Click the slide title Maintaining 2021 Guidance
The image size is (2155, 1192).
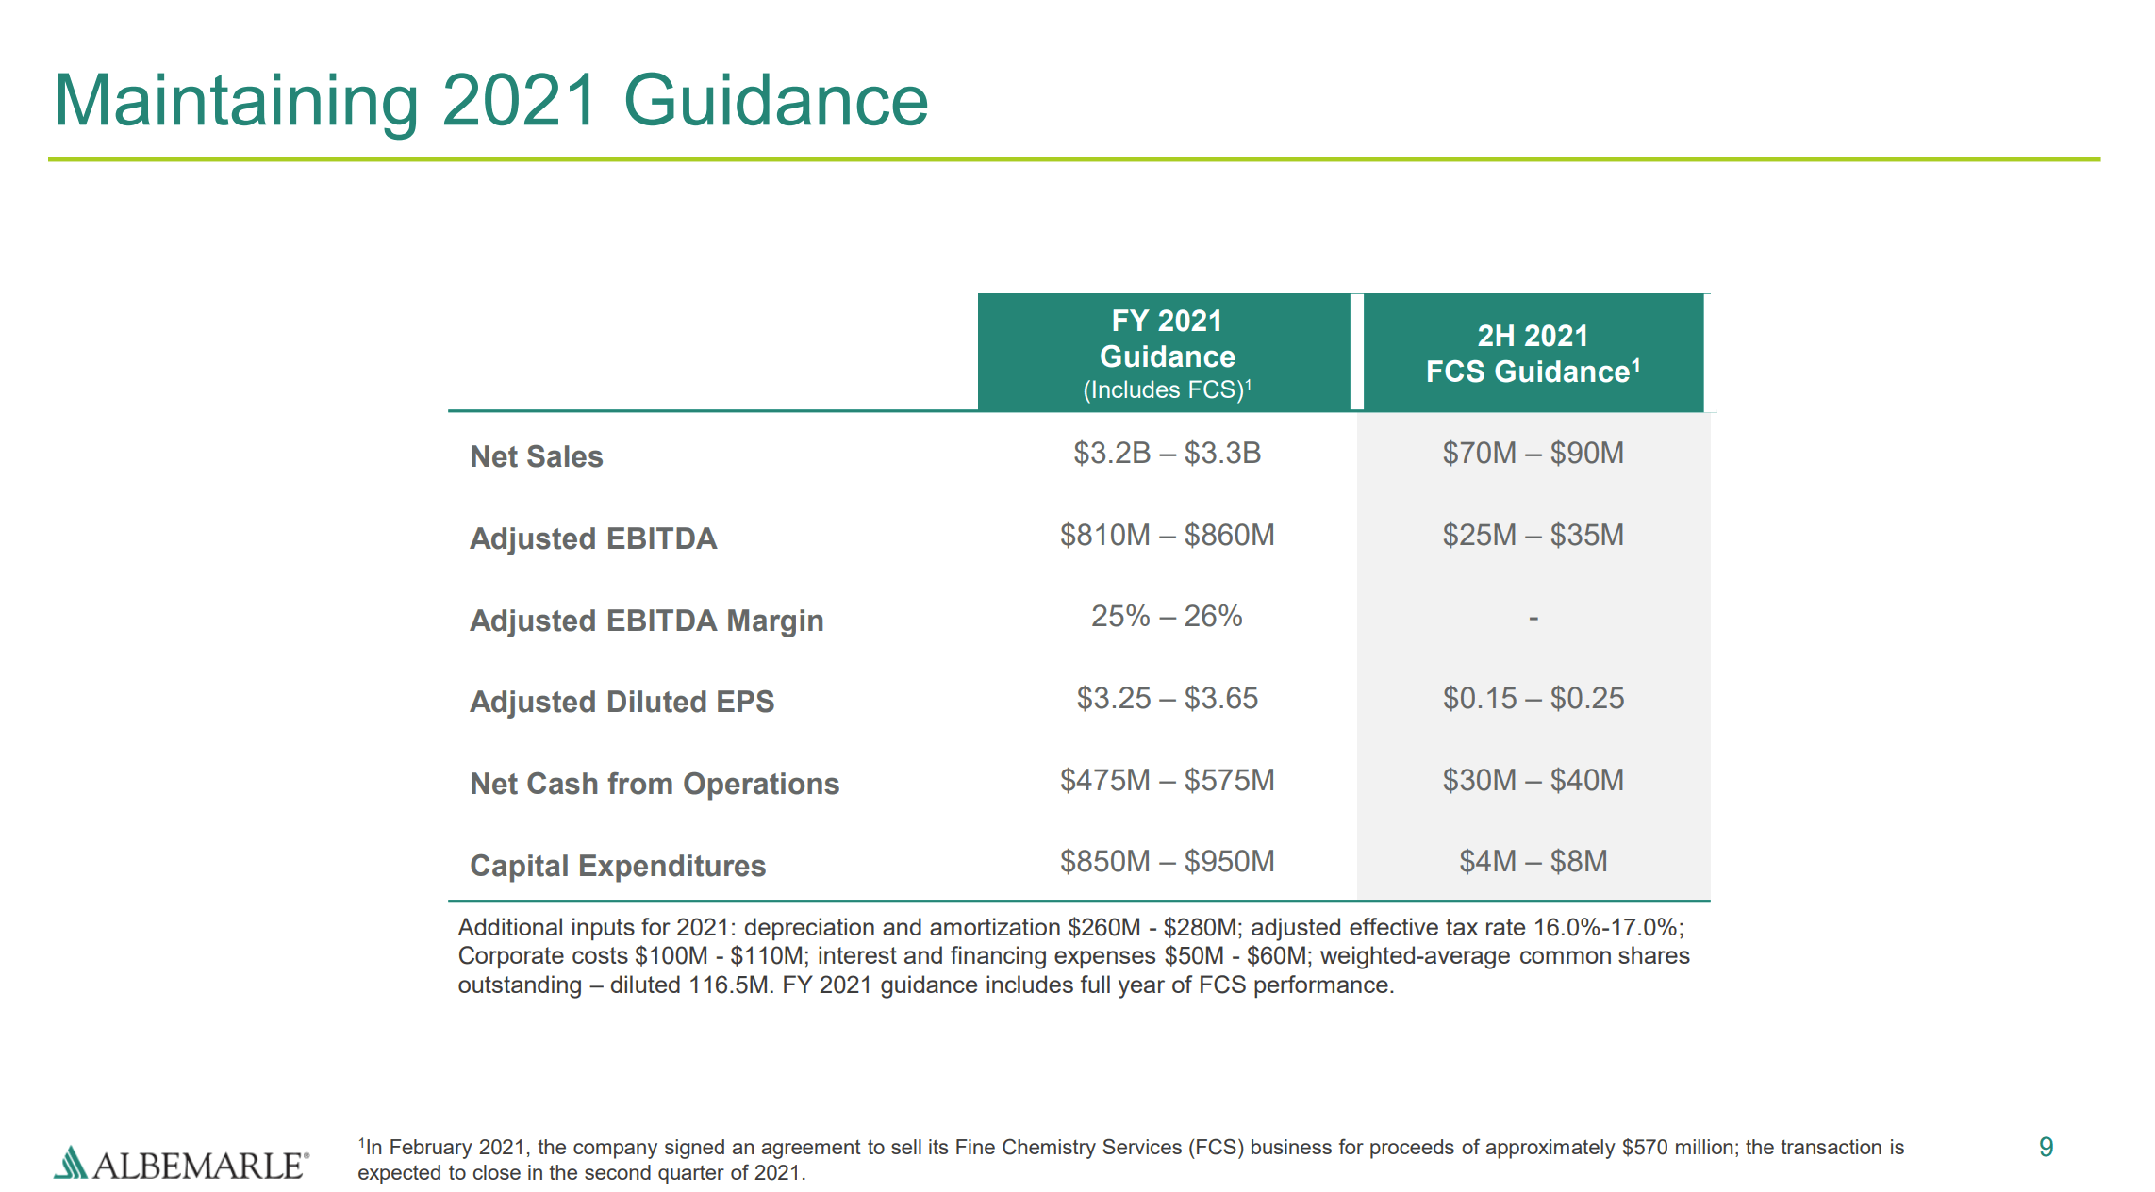[x=490, y=100]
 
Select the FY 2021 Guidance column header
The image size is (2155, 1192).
[x=1166, y=353]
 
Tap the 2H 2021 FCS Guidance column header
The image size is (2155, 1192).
[x=1533, y=353]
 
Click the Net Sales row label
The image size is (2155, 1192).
[x=536, y=456]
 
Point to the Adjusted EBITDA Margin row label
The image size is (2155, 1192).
[x=646, y=621]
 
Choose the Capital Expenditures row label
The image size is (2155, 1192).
[x=617, y=866]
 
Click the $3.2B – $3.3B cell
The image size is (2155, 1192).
[x=1167, y=454]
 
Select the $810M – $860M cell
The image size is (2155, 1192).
[x=1167, y=536]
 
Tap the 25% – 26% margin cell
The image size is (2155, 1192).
[x=1167, y=617]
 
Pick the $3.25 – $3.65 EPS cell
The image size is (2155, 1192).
[x=1167, y=699]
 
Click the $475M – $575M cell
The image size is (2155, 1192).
[x=1167, y=781]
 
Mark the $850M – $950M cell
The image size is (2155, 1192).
[x=1167, y=862]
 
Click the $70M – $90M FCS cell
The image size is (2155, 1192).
[x=1533, y=454]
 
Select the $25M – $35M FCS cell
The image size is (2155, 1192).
[x=1533, y=536]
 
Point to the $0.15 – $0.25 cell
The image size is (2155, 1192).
[x=1533, y=699]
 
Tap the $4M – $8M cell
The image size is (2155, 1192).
[x=1533, y=862]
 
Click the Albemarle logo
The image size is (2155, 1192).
[x=181, y=1165]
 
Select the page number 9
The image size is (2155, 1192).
[x=2046, y=1147]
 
